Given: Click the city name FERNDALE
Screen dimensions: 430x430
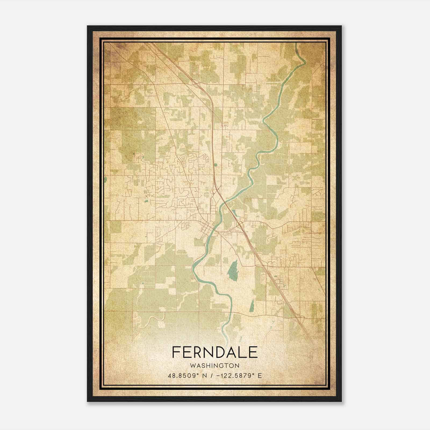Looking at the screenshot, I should click(215, 352).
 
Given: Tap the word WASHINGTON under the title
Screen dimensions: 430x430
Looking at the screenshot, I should click(215, 365).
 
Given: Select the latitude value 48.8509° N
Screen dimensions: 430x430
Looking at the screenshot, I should click(185, 376).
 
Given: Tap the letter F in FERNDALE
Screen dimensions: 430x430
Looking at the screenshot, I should click(176, 352).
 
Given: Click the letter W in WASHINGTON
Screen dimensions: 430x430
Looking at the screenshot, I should click(192, 365).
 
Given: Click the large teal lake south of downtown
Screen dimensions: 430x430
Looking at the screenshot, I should click(233, 270).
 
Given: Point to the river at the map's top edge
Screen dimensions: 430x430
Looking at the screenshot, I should click(296, 45).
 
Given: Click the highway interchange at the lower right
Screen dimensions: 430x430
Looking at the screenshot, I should click(300, 319).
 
